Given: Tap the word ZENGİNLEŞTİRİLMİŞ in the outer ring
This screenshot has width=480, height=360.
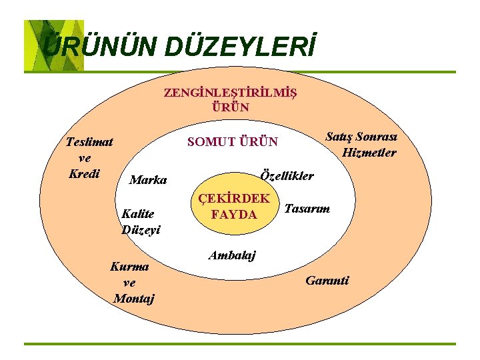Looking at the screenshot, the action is coord(231,93).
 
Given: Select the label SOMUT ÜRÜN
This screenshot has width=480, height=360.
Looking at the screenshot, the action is coord(233,142).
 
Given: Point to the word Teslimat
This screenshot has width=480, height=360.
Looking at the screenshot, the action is coord(89,141).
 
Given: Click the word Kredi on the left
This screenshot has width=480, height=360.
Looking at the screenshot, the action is coord(85,173).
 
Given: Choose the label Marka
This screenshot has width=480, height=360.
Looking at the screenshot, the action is coord(149,180).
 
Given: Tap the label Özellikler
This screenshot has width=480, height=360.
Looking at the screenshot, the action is coord(288,176).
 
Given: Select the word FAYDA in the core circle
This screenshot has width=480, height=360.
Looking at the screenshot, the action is coord(233,214).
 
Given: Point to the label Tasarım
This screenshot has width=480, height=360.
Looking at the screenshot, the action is coord(307,209).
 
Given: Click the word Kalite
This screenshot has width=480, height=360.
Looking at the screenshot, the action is coord(138,214).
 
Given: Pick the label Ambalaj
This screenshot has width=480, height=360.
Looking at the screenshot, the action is coord(232,255).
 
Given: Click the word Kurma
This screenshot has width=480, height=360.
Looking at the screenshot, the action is coord(130,267).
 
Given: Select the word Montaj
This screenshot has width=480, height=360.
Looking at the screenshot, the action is coord(134,299).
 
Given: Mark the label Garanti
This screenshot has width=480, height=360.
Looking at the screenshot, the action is coord(327,281).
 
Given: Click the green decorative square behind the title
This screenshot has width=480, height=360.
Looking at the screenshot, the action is coord(53,45).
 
